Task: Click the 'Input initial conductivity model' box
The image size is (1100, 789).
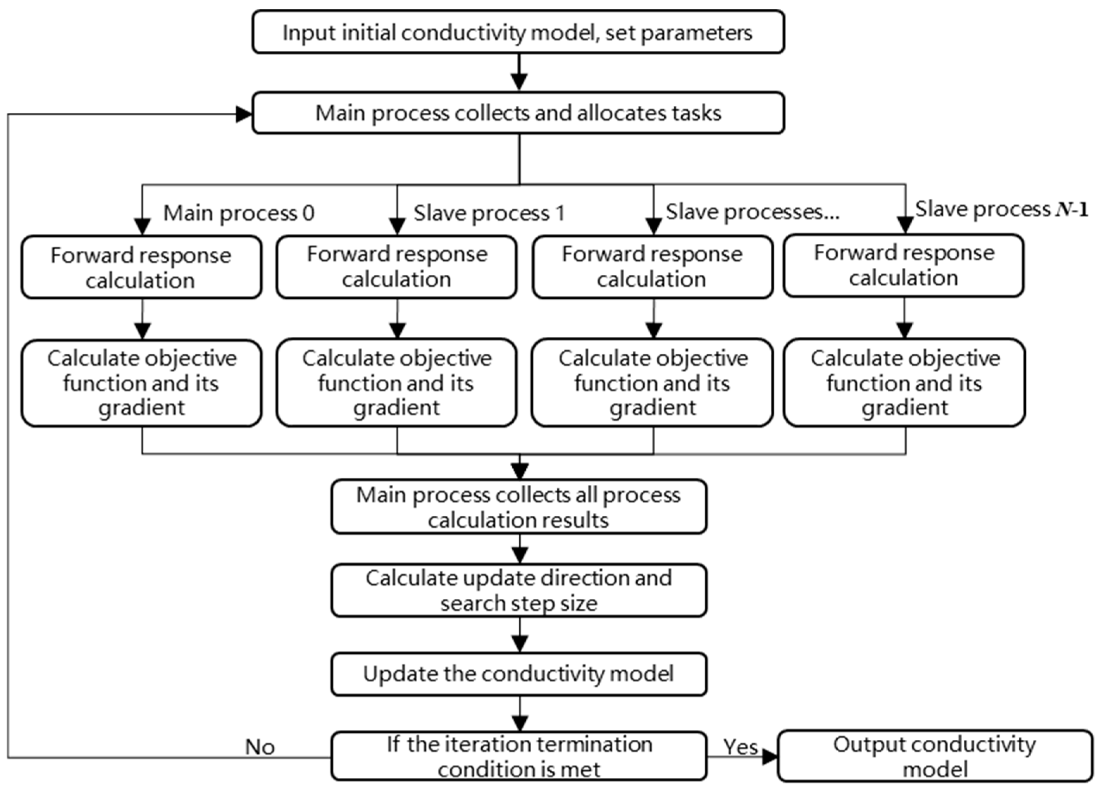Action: point(518,32)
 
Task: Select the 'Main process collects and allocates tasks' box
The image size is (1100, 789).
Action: point(518,113)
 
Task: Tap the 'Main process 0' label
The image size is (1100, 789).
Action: point(239,213)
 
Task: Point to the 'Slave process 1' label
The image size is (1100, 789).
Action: point(489,213)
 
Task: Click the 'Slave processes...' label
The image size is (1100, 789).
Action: point(752,212)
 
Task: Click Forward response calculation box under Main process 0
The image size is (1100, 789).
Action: point(141,267)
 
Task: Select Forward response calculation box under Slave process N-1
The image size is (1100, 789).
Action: point(904,266)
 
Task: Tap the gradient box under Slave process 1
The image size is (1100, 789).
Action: point(396,383)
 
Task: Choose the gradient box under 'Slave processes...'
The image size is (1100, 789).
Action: point(652,383)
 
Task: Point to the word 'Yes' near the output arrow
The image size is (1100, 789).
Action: point(740,747)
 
